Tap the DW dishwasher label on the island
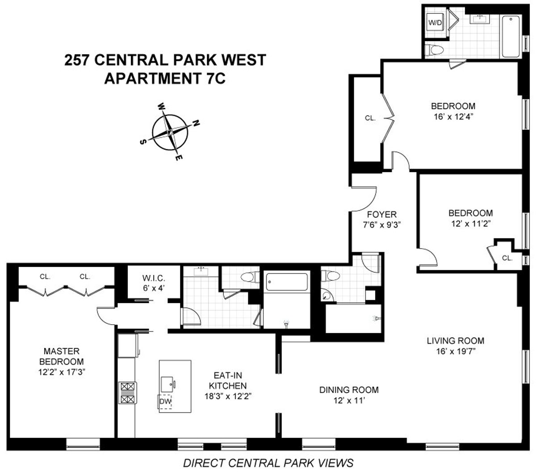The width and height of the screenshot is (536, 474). [165, 402]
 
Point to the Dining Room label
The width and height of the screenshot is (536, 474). [349, 394]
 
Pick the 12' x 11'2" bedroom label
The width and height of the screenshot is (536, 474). [470, 218]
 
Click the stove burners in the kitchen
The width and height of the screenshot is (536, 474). [127, 394]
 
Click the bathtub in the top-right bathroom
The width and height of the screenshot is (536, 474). [511, 37]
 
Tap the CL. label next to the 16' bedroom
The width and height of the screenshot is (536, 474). [370, 118]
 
